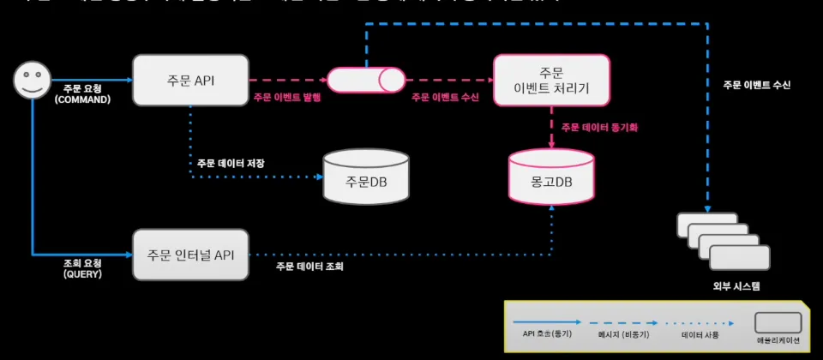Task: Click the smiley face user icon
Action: [31, 81]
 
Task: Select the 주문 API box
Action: [190, 81]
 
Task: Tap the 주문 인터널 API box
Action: [190, 254]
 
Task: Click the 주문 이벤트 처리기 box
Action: [551, 81]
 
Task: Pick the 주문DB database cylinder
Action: [366, 178]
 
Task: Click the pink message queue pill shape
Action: [367, 80]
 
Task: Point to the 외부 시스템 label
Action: [724, 285]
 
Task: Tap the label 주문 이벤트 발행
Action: [286, 98]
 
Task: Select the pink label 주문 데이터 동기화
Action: [600, 127]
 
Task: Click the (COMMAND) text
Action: [82, 99]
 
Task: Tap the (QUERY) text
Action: [82, 275]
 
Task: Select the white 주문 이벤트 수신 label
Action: [756, 85]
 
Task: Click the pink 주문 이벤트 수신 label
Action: [445, 98]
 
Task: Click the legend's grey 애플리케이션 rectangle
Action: [778, 322]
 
